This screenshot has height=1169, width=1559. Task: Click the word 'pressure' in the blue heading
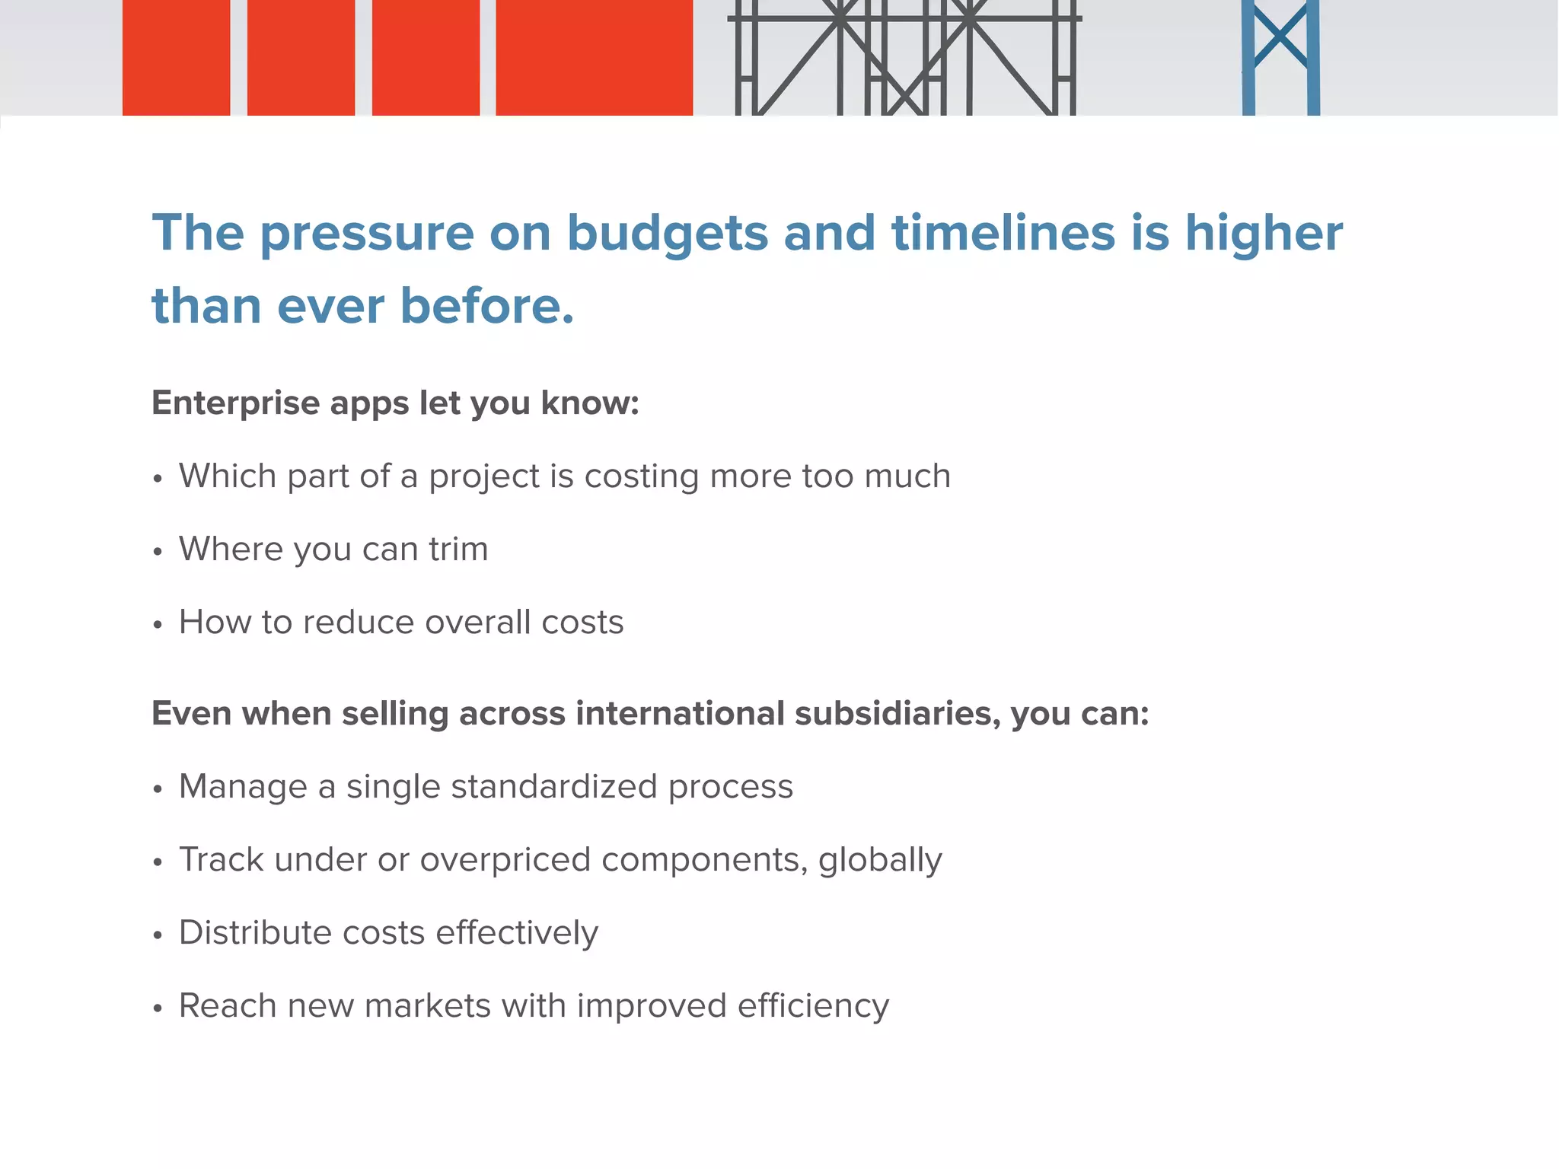coord(367,234)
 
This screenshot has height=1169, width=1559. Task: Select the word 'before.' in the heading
coord(487,306)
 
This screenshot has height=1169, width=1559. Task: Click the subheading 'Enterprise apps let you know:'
coord(395,403)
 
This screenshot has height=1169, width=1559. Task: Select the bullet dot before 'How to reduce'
coord(158,625)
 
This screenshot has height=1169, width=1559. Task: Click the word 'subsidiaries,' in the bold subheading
coord(897,713)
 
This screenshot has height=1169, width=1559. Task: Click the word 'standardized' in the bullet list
coord(553,786)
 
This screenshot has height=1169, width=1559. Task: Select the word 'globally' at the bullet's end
coord(880,860)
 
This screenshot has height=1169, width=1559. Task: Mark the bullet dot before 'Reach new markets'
coord(158,1008)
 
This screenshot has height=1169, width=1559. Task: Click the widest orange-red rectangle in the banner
coord(594,58)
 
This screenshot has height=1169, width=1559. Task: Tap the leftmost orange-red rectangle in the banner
coord(176,58)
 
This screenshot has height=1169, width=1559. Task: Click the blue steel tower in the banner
coord(1280,58)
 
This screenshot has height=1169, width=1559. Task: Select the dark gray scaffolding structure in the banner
coord(904,58)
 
